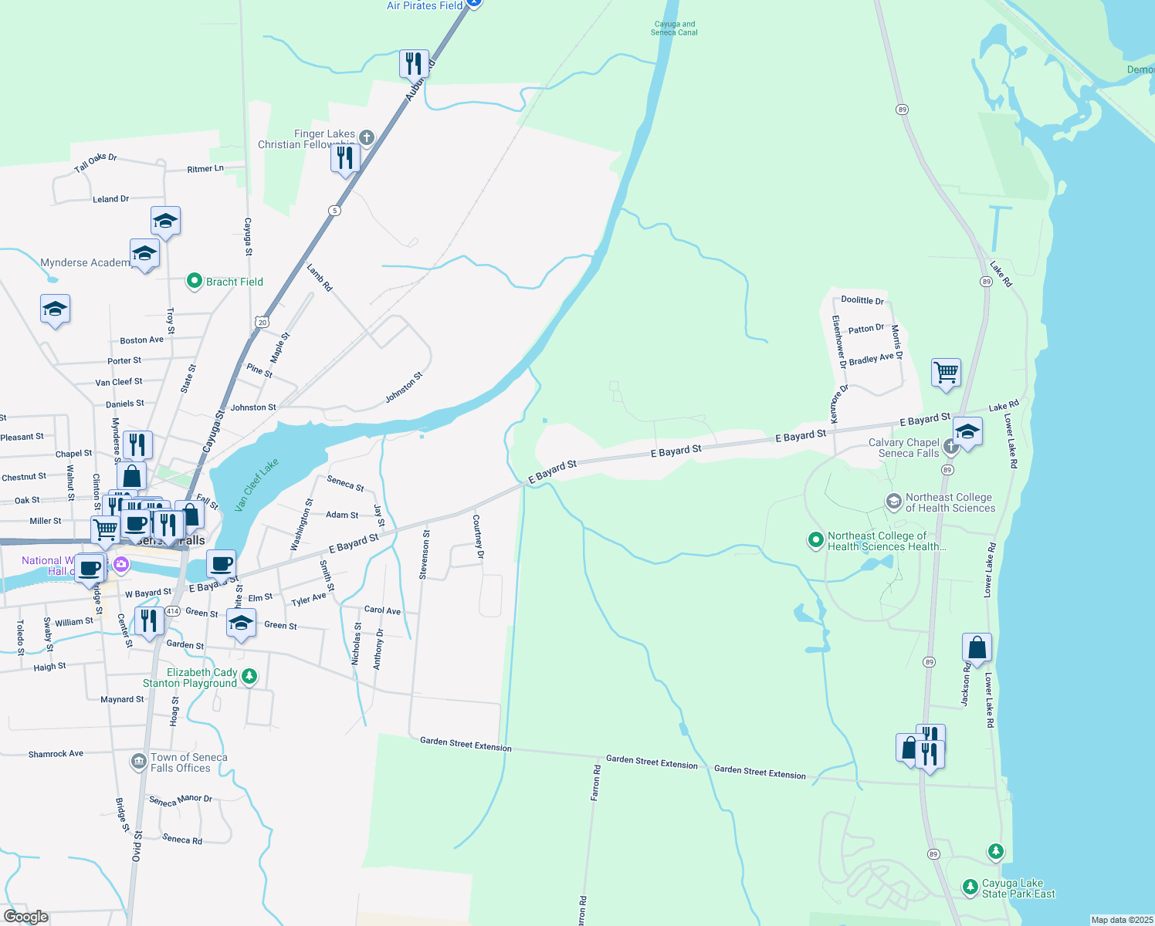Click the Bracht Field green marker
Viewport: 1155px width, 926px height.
(195, 282)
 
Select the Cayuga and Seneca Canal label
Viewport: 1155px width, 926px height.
(674, 29)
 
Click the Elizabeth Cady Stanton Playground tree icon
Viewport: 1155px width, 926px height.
(249, 677)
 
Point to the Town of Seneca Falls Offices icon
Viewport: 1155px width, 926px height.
(139, 762)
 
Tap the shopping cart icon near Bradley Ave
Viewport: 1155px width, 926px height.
(946, 373)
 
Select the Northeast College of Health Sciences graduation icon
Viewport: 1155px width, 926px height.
(893, 502)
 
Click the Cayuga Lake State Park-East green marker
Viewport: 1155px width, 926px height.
(970, 887)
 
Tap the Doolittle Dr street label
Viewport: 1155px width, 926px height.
(862, 300)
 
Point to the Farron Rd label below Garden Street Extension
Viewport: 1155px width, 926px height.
(595, 782)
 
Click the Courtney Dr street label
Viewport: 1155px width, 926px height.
(478, 536)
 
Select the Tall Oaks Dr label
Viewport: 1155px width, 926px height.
(96, 163)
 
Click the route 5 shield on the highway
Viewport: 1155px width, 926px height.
(334, 211)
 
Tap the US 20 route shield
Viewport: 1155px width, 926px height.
(262, 322)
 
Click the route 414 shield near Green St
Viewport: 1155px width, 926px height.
(172, 611)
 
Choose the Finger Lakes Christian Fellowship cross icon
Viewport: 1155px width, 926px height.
(367, 137)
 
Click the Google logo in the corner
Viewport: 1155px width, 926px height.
(26, 917)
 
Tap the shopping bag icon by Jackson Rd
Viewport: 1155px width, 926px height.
(977, 648)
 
